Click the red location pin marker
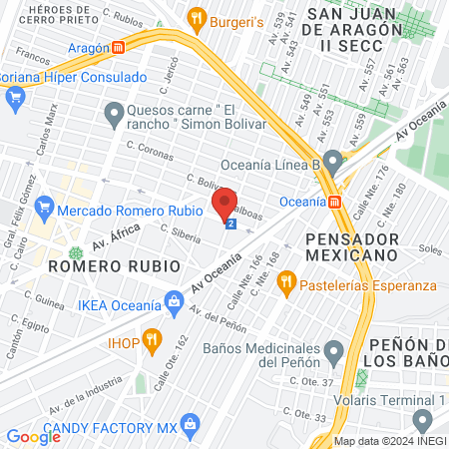(224, 205)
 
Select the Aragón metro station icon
(118, 47)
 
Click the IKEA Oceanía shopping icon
(176, 299)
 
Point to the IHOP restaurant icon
(152, 339)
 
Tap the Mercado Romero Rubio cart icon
(43, 211)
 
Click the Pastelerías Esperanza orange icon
(286, 283)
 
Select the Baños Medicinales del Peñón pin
(334, 349)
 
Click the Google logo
(33, 436)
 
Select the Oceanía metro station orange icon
(336, 202)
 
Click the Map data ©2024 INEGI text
(389, 441)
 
